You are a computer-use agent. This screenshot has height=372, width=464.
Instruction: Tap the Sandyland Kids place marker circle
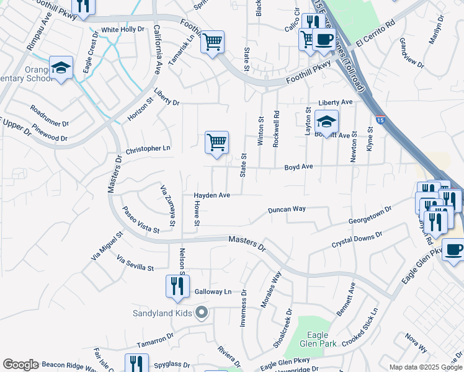pos(200,312)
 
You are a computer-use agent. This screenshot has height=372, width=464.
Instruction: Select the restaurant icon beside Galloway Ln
pos(177,286)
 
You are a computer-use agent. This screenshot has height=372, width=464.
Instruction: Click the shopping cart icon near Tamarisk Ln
pos(213,42)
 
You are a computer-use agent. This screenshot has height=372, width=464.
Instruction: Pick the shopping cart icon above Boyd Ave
pos(216,143)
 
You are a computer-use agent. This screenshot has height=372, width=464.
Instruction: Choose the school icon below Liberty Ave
pos(326,122)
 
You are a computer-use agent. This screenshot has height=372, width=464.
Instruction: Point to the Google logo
pos(20,365)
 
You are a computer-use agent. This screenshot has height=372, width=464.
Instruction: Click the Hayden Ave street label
pos(212,195)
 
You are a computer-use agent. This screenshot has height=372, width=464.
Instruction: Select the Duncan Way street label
pos(287,210)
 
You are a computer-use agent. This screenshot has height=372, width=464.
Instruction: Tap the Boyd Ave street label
pos(298,167)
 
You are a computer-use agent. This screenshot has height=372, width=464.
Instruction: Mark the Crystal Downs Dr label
pos(357,239)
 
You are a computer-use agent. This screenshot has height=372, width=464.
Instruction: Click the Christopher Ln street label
pos(148,149)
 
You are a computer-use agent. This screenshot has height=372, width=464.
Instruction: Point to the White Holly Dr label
pos(122,29)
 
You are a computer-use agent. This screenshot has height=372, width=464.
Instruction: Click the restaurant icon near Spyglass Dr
pos(136,363)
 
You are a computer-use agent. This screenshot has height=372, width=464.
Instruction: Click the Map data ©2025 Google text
pos(425,367)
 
